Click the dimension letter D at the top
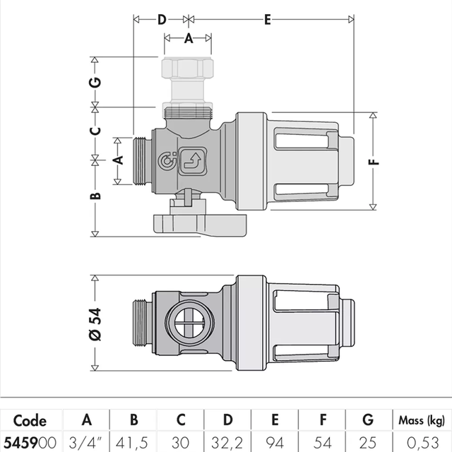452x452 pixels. pyautogui.click(x=162, y=20)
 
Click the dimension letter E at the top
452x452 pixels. pyautogui.click(x=268, y=20)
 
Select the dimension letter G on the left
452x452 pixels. pyautogui.click(x=95, y=82)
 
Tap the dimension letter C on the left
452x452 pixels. pyautogui.click(x=95, y=131)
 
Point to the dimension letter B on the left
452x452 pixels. pyautogui.click(x=95, y=196)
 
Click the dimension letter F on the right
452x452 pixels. pyautogui.click(x=374, y=162)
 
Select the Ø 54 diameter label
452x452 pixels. pyautogui.click(x=95, y=324)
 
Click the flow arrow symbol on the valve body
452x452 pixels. pyautogui.click(x=193, y=162)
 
